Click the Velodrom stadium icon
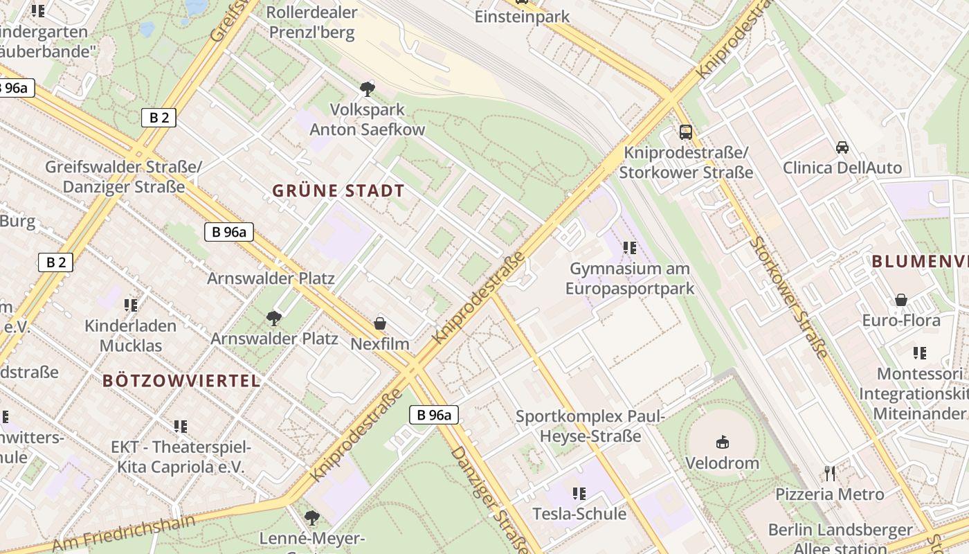pos(722,441)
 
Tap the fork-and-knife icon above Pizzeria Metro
pos(830,474)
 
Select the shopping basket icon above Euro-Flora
pos(900,300)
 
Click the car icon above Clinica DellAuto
pos(842,147)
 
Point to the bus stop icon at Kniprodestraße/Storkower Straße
pos(685,132)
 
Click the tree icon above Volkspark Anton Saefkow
pos(367,89)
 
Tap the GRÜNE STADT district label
pos(338,191)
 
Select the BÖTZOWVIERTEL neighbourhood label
pos(181,380)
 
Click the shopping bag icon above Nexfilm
pos(379,323)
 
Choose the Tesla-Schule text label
pos(579,514)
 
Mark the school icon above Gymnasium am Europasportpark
pos(629,247)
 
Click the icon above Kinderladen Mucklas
pos(130,305)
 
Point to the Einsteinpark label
pos(522,17)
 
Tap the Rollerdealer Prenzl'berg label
pos(311,22)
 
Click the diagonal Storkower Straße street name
pos(788,297)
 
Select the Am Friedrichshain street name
pos(124,533)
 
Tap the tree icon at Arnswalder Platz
pos(274,319)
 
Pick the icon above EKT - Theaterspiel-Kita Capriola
pos(180,427)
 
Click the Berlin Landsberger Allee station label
pos(840,538)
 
